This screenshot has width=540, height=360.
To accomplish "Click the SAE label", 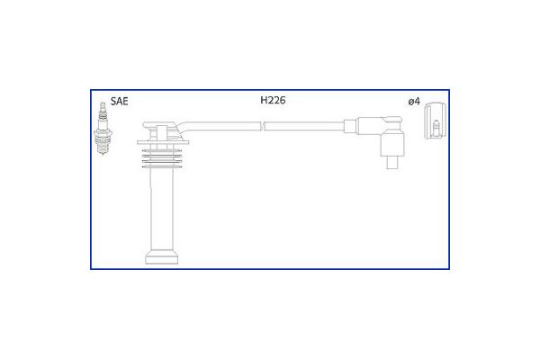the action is [x=119, y=102].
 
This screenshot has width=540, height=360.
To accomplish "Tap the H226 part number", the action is [x=273, y=100].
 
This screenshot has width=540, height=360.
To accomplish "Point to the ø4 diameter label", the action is [x=414, y=102].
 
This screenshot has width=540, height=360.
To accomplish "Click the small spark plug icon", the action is [x=103, y=128].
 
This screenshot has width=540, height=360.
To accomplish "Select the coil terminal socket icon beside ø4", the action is [x=435, y=121].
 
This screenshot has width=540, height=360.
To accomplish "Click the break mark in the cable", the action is [x=263, y=126].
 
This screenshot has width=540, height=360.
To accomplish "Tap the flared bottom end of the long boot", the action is [x=161, y=257].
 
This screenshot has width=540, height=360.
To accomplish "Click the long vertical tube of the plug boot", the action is [x=161, y=209].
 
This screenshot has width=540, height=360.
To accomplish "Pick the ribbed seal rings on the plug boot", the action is [x=161, y=158].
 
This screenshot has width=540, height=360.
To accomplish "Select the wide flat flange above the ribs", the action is [x=163, y=141].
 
